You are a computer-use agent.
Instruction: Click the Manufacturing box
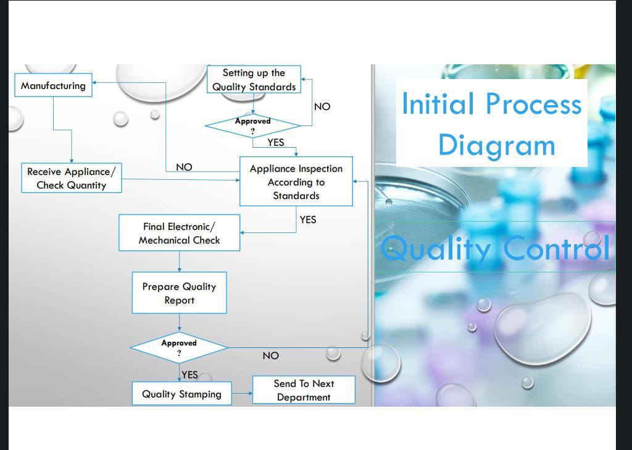pos(54,85)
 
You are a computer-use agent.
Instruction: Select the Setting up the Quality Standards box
pos(254,80)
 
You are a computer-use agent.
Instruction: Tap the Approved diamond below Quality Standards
pos(252,125)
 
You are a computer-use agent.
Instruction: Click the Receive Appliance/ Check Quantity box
pos(71,178)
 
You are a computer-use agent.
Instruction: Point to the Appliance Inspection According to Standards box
pos(296,182)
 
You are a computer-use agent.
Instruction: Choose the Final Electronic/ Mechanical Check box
pos(179,233)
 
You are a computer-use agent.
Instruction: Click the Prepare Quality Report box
pos(179,293)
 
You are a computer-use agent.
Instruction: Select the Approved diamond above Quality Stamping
pos(179,347)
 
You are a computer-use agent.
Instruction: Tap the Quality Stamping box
pos(181,394)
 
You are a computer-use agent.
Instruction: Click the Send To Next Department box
pos(304,390)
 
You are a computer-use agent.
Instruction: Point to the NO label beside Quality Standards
pos(322,106)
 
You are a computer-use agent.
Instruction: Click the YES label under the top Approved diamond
pos(276,142)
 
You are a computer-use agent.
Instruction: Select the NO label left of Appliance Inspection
pos(184,167)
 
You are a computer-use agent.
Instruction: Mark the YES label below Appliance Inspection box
pos(307,219)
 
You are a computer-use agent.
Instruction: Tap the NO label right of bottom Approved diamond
pos(270,355)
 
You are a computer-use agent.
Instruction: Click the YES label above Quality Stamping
pos(189,375)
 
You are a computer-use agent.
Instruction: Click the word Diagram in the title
pos(496,145)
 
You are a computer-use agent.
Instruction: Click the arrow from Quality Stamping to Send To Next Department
pos(242,394)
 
